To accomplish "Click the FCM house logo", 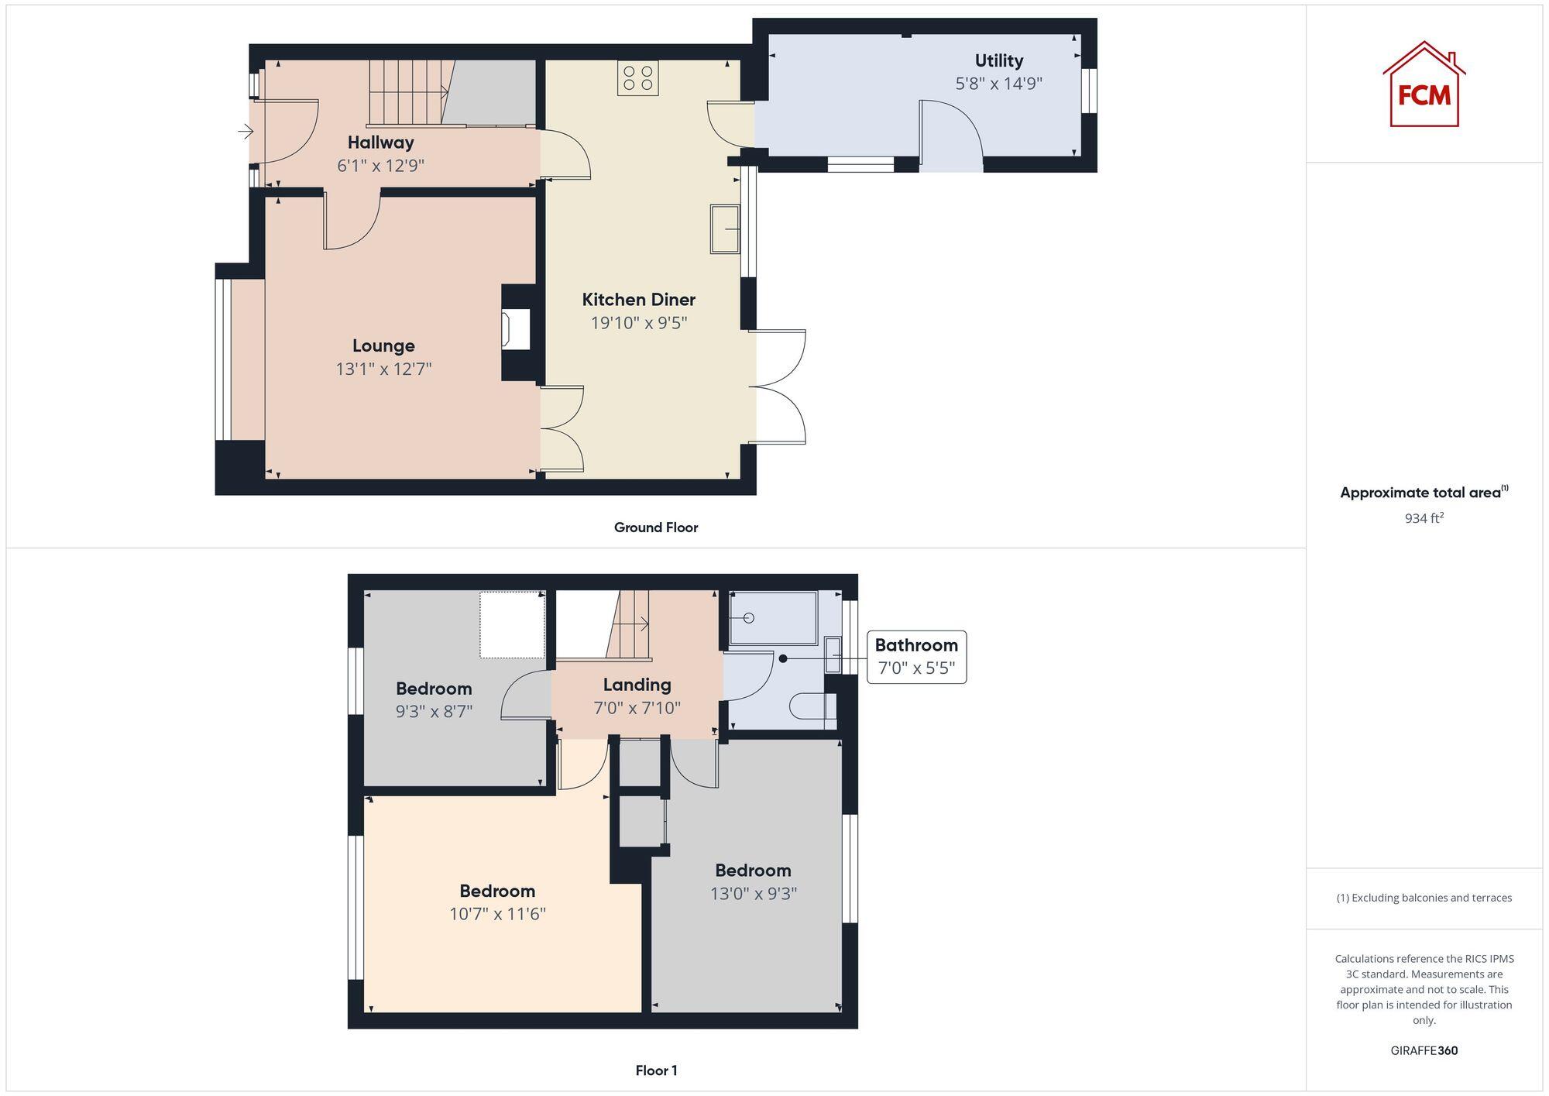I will point(1424,85).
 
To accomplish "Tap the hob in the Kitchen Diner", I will point(637,78).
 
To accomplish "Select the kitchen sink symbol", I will point(725,228).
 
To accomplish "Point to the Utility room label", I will point(998,60).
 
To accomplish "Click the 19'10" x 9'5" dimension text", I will point(639,323).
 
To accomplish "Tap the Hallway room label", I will point(380,143).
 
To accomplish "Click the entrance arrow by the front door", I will point(246,132).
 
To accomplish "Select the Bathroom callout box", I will point(916,657).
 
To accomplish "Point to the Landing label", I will point(637,685).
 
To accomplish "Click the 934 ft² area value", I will point(1424,518).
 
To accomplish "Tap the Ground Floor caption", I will point(655,527).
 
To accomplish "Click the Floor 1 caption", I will point(656,1070).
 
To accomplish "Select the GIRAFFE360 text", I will point(1424,1050).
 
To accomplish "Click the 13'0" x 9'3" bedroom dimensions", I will point(753,894).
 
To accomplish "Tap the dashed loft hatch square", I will point(512,624).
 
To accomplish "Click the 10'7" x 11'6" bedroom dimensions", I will point(497,914).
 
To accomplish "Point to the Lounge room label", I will point(383,346).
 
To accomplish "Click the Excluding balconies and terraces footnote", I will point(1424,898).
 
